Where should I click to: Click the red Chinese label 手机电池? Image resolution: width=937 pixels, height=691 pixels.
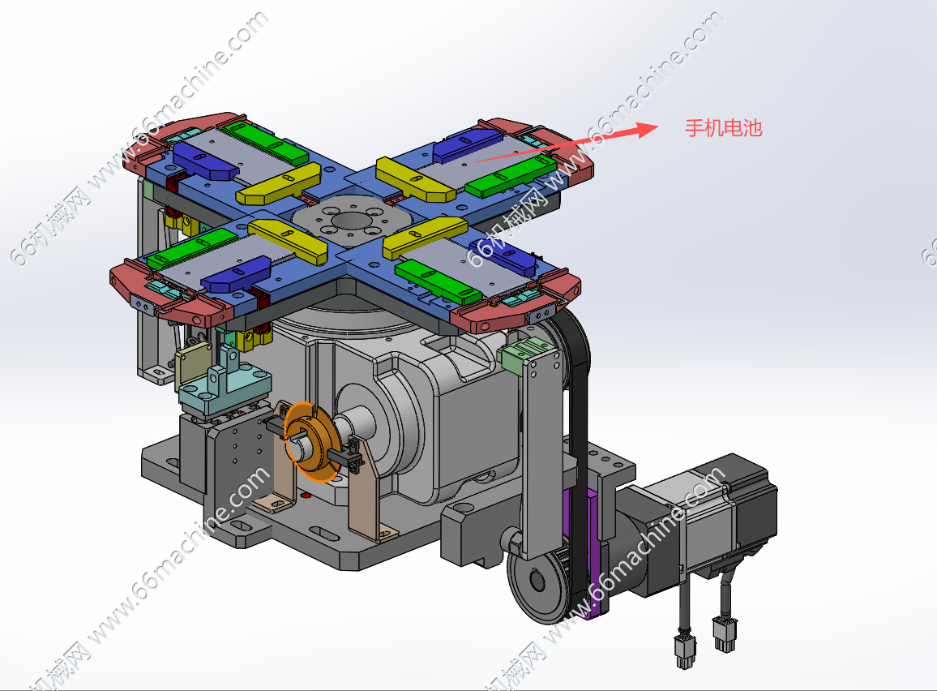(x=724, y=128)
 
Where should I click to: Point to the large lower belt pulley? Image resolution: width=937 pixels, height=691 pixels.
(x=537, y=581)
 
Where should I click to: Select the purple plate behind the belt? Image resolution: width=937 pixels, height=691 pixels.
(x=592, y=550)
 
